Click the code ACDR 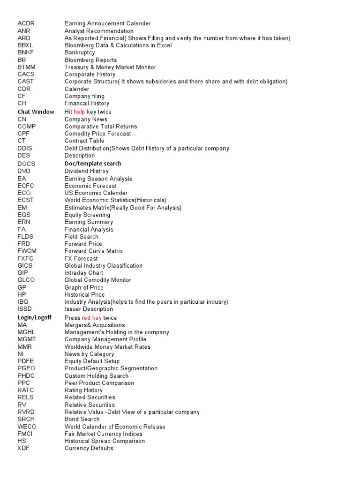[x=26, y=23]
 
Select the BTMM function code [x=26, y=67]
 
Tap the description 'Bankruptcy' [x=80, y=52]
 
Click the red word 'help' [x=79, y=112]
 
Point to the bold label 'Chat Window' [x=36, y=112]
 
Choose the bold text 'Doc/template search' [x=93, y=164]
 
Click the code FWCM [x=27, y=251]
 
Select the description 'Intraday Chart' [x=84, y=273]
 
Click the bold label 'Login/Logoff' [x=34, y=318]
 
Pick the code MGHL [x=26, y=332]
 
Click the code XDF [x=23, y=448]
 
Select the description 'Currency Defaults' [x=89, y=448]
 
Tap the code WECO [x=27, y=427]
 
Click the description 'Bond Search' [x=82, y=419]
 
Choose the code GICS [x=25, y=265]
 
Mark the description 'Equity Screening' [x=87, y=215]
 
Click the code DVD [x=24, y=171]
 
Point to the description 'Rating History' [x=83, y=390]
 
